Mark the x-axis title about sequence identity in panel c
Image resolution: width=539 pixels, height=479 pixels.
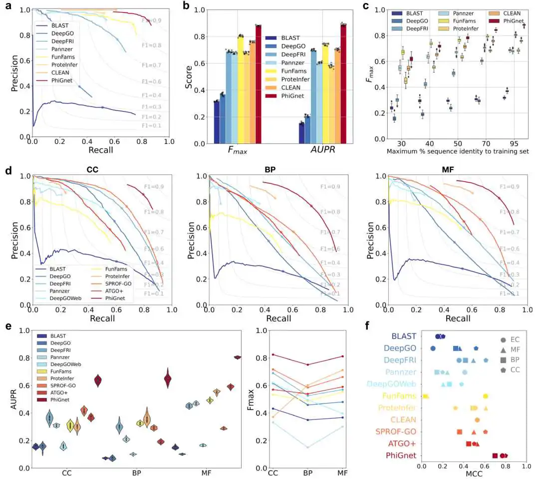457,151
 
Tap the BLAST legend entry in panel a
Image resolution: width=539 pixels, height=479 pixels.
58,25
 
